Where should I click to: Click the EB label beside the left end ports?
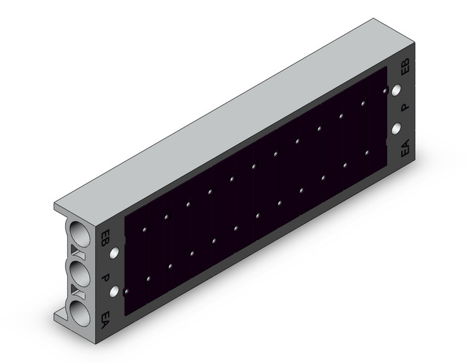tap(105, 238)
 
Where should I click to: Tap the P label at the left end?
tap(105, 278)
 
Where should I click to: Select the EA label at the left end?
tap(105, 320)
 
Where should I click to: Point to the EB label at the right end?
tap(405, 67)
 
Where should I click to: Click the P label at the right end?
tap(404, 107)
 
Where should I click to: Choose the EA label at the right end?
tap(405, 148)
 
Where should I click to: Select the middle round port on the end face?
tap(79, 274)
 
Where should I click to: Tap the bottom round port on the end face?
tap(79, 314)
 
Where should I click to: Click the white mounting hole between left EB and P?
tap(114, 254)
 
